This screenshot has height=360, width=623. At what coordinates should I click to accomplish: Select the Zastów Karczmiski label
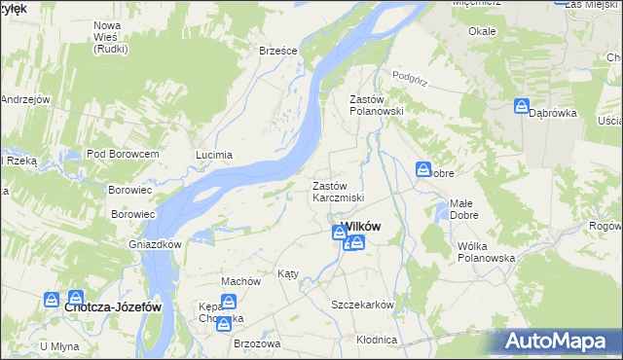[x=338, y=192]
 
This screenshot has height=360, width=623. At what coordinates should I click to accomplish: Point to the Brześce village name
[x=277, y=51]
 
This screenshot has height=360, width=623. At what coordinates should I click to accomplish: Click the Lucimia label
[x=214, y=155]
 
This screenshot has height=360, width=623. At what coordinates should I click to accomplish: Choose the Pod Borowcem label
[x=123, y=154]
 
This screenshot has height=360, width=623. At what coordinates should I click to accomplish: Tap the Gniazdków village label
[x=156, y=244]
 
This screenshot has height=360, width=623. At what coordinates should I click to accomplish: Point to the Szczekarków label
[x=362, y=305]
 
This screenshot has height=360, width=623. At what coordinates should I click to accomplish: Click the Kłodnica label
[x=377, y=340]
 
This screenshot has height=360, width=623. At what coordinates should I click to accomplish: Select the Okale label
[x=482, y=31]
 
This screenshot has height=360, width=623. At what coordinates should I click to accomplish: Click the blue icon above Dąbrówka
[x=523, y=106]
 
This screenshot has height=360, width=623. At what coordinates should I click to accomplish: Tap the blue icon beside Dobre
[x=423, y=169]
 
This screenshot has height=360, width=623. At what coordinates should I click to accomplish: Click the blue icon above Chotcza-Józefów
[x=75, y=299]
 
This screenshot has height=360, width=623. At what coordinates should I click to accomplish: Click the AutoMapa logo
[x=558, y=342]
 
